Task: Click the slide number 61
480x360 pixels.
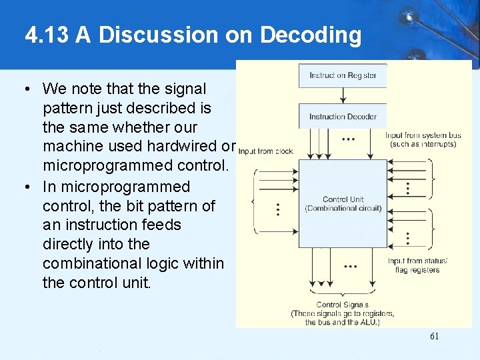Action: click(434, 336)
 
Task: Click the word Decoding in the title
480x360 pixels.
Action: click(311, 35)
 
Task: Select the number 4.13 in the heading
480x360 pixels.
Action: click(47, 35)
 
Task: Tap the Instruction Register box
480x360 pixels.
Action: click(343, 75)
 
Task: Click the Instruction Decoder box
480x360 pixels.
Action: click(343, 116)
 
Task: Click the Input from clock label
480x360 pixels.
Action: click(265, 151)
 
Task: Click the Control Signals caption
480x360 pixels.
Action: click(342, 305)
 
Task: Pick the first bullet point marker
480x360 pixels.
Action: click(25, 89)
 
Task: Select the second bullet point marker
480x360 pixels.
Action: click(25, 187)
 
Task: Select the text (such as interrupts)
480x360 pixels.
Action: click(421, 144)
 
